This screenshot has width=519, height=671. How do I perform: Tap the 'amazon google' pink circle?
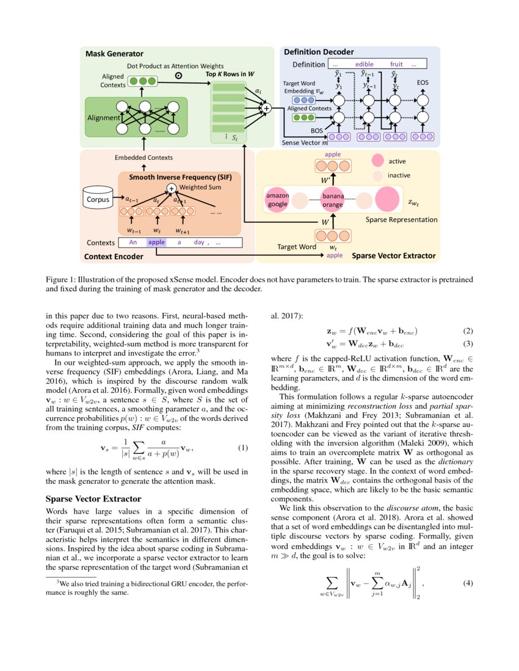(278, 199)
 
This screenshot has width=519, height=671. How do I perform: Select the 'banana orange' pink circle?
(333, 200)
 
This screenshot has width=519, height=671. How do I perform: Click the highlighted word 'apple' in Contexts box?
(156, 242)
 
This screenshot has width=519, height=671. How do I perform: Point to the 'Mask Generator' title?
(114, 54)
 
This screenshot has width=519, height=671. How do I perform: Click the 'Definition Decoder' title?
(318, 52)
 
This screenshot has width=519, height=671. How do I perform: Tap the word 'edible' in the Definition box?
(364, 64)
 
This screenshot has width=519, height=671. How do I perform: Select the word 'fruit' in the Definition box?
(397, 64)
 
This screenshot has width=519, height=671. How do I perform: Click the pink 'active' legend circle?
(378, 160)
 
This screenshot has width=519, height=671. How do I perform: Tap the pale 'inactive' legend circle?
(378, 175)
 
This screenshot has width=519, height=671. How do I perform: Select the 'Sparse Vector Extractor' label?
(394, 256)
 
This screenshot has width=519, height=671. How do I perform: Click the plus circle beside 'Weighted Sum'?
(172, 188)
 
